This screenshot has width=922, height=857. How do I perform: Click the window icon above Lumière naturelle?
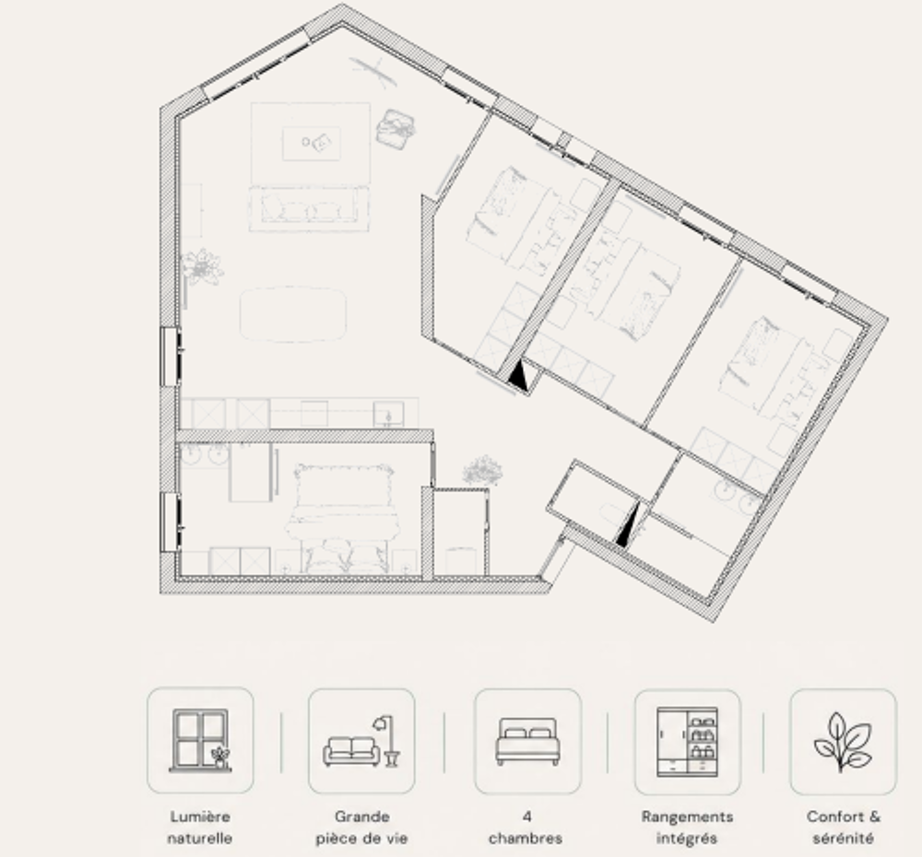200,740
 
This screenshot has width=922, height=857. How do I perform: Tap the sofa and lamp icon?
361,742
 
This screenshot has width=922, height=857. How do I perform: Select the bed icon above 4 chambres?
527,742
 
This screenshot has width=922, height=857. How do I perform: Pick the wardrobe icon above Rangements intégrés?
688,742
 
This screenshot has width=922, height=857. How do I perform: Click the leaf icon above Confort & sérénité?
842,742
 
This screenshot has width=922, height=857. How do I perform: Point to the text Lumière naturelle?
200,827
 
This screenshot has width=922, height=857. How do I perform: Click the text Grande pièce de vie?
361,827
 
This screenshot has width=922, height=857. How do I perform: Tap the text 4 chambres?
526,827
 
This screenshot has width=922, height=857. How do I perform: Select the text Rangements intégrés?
688,827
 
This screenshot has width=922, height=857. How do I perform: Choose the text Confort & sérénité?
844,827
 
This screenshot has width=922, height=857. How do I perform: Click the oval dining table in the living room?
293,314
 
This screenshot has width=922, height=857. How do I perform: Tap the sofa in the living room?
309,209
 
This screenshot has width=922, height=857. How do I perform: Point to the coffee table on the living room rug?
311,144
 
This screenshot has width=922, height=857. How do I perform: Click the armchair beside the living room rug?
396,129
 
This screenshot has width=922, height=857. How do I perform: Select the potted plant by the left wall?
202,267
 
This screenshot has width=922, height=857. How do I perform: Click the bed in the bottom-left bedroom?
342,517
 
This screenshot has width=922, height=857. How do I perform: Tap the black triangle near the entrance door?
626,527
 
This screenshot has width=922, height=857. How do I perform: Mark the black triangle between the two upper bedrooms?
518,376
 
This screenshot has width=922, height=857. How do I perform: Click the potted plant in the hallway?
483,470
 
